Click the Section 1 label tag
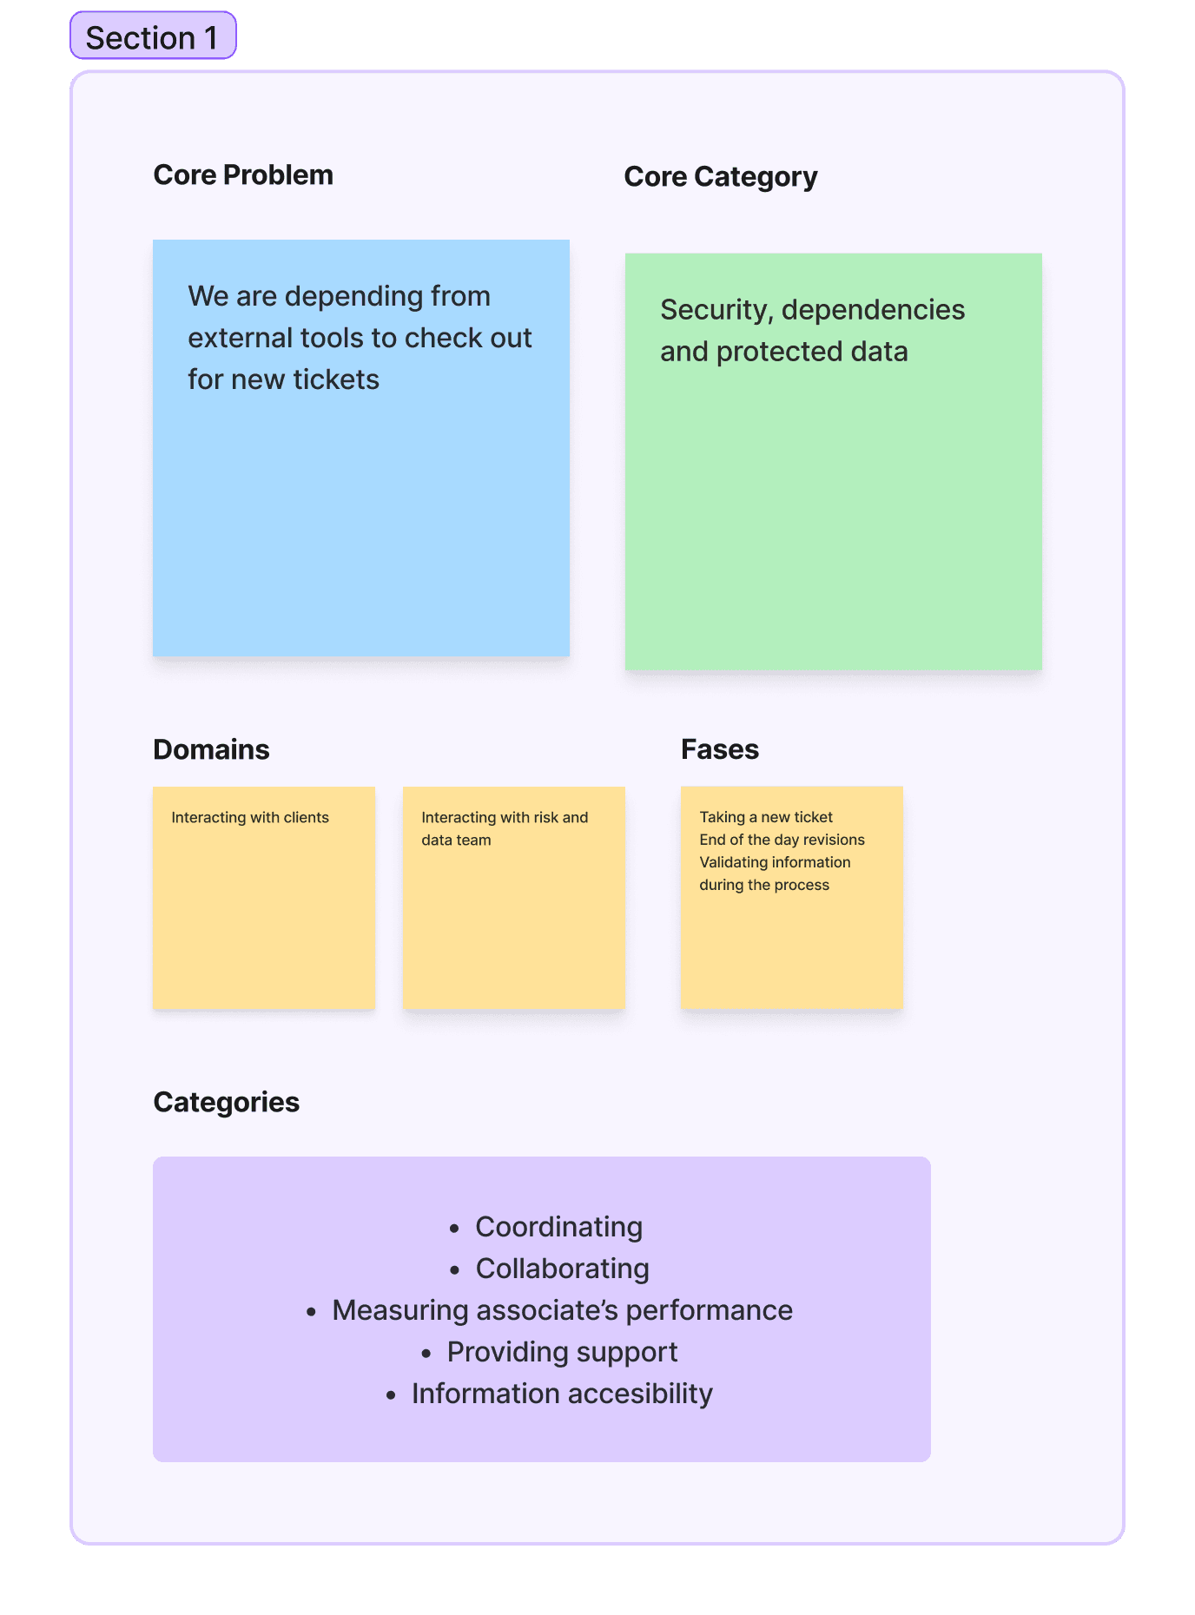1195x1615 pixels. point(153,37)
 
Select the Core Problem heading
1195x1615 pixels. point(243,175)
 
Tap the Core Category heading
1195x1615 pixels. point(720,177)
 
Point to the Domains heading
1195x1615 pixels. point(211,749)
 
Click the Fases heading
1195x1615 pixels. point(719,749)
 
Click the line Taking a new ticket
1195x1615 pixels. point(765,817)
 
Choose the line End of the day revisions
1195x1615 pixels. point(782,840)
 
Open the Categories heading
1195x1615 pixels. point(226,1102)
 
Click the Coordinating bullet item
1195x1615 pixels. point(558,1227)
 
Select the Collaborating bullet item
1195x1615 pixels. point(562,1269)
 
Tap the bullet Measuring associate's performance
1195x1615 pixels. point(562,1310)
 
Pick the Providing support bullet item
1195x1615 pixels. point(562,1352)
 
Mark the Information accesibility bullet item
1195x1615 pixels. point(562,1394)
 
